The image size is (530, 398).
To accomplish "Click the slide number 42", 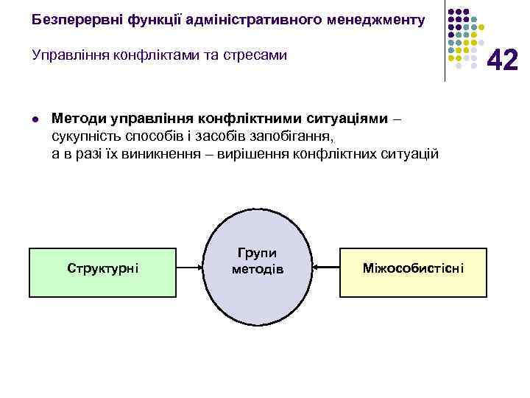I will tap(503, 60).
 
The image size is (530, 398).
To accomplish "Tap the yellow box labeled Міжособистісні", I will tap(413, 267).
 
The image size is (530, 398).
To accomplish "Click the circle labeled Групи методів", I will tap(258, 269).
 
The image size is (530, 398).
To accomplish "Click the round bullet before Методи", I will tap(35, 119).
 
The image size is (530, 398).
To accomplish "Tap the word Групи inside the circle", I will tap(257, 252).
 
